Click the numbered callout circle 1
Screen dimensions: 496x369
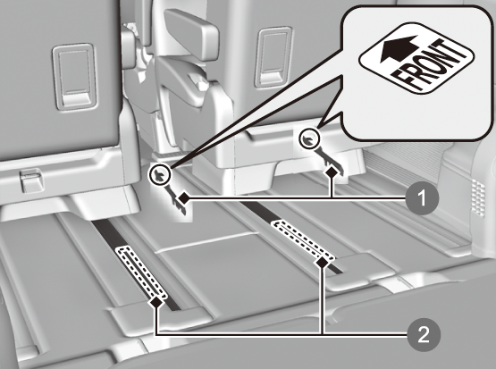[423, 198]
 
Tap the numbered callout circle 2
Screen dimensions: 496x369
[424, 334]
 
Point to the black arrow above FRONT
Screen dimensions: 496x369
[399, 49]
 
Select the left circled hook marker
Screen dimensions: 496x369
[160, 175]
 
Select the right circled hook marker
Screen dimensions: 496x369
[309, 138]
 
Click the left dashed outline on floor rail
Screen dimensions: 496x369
[141, 273]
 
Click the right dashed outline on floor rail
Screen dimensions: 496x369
[303, 239]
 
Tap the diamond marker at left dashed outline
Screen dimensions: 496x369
[156, 302]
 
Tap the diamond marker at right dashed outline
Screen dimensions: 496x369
[322, 262]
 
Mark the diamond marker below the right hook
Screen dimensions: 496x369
[332, 172]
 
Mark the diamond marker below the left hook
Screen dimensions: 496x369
[183, 198]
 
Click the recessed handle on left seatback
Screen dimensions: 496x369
[75, 77]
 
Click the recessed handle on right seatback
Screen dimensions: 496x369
[274, 57]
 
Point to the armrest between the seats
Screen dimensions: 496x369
[191, 34]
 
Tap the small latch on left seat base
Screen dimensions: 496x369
[32, 180]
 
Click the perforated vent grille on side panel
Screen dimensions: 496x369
[478, 197]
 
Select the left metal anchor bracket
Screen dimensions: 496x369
[176, 198]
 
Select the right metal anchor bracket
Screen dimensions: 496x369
[328, 161]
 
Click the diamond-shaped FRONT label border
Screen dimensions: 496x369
[416, 58]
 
